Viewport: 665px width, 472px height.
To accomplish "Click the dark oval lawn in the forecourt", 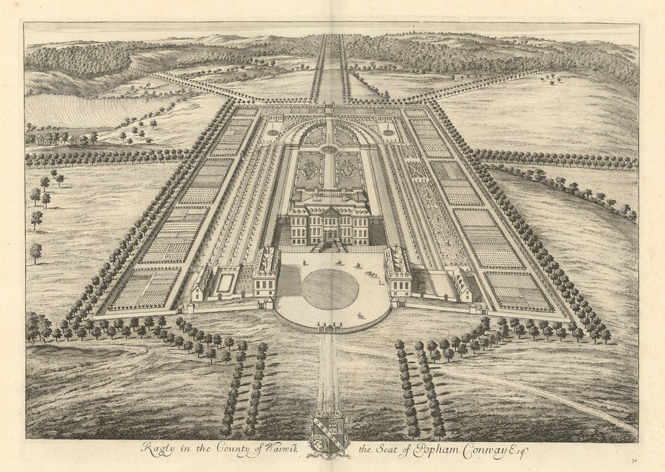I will coord(330,288).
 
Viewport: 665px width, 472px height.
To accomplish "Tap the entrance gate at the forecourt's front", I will coord(330,327).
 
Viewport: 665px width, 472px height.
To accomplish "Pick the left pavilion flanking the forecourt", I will coord(266,272).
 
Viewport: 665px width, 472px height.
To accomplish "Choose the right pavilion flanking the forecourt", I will coord(398,272).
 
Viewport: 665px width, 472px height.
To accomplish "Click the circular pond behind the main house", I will coord(329,149).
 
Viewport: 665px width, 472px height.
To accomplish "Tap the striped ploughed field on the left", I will coord(86,110).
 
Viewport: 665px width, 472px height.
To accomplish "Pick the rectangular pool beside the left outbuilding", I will coord(225,282).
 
